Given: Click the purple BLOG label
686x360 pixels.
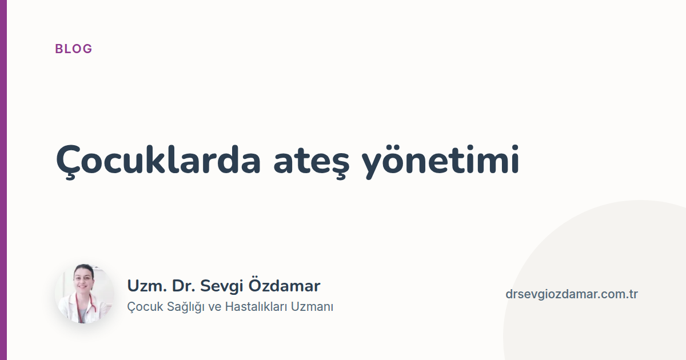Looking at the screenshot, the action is [x=74, y=49].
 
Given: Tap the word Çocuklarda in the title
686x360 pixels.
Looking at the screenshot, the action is [x=158, y=161].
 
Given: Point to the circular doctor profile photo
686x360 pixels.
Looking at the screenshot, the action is [x=84, y=294].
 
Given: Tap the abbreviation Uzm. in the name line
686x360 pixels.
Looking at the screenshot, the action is [x=147, y=286].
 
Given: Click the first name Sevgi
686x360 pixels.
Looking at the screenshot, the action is [x=221, y=287].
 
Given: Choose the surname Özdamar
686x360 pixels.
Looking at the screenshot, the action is [x=284, y=285].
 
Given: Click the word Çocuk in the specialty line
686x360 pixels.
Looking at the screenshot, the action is [x=145, y=307].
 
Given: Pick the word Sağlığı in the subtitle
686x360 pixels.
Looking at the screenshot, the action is [x=186, y=307].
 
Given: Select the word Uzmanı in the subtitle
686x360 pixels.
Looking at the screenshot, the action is [x=312, y=307].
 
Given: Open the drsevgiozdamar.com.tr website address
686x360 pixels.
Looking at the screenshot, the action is [x=572, y=294].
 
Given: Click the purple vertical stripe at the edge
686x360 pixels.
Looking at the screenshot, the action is [x=3, y=180].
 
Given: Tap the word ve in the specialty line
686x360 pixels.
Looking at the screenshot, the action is [x=215, y=307].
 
